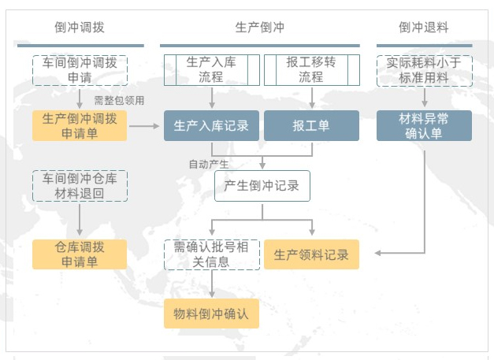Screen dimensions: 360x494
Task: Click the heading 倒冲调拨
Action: coord(79,27)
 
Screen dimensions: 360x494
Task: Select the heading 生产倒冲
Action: coord(260,27)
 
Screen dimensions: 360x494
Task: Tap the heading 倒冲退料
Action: coord(424,27)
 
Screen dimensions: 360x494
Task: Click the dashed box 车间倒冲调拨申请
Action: coord(79,70)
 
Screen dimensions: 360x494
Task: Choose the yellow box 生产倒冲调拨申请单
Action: coord(79,125)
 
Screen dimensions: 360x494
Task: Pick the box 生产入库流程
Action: coord(211,70)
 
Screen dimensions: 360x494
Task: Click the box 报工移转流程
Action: coord(311,70)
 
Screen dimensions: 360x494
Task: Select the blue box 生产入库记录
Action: coord(211,125)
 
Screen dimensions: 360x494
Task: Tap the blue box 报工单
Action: coord(311,125)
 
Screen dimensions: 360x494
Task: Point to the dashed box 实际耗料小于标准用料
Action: coord(424,70)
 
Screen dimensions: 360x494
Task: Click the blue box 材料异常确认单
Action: coord(424,125)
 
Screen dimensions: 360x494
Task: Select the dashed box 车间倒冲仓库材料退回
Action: coord(79,185)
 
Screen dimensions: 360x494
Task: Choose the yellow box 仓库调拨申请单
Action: coord(79,254)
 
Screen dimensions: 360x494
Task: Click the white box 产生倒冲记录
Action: coord(262,186)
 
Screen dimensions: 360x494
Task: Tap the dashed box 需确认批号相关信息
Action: coord(211,254)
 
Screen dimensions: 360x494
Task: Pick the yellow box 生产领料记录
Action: coord(311,254)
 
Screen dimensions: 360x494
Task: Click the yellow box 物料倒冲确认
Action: coord(211,313)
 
